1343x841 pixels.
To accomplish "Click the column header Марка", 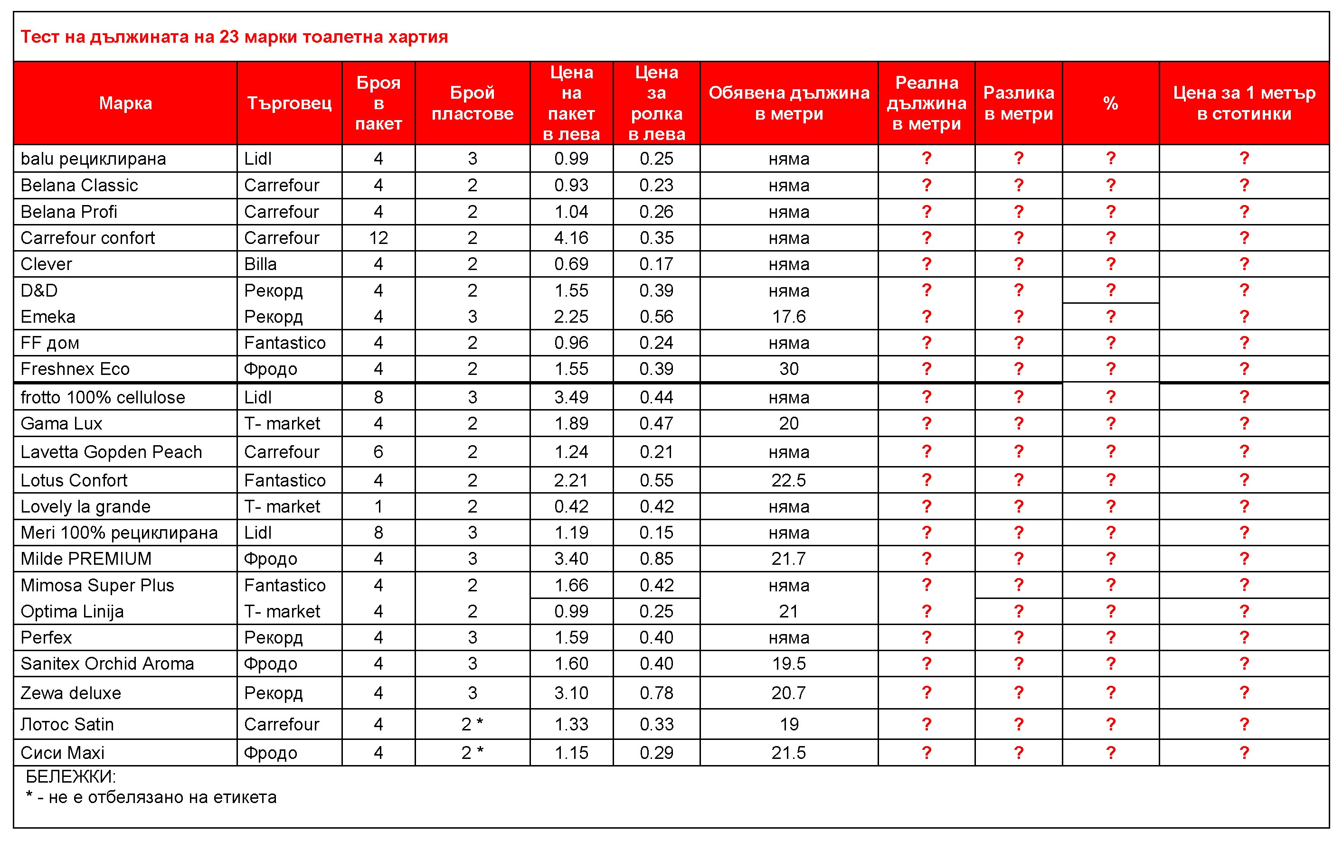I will click(125, 103).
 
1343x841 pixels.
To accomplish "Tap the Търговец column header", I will click(289, 103).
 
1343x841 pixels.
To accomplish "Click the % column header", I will click(1110, 103).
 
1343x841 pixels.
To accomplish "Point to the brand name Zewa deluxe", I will click(71, 693).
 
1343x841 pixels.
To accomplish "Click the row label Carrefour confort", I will click(87, 238).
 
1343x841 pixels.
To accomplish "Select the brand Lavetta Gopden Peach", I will click(111, 452).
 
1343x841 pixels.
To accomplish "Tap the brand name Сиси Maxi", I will click(62, 753).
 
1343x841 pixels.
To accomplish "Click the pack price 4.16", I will click(571, 238).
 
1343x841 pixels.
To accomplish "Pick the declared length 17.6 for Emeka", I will click(789, 317).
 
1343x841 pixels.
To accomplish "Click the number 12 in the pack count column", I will click(378, 238).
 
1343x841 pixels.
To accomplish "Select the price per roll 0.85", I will click(656, 559).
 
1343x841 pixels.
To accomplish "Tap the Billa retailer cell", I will click(260, 264).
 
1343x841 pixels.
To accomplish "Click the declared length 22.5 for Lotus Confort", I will click(789, 480).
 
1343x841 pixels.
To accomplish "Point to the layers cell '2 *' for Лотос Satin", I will click(472, 724).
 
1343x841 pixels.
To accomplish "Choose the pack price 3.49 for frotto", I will click(571, 397).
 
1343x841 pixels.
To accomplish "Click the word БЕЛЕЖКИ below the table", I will click(71, 776).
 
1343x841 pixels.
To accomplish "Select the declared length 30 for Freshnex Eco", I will click(789, 369).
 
